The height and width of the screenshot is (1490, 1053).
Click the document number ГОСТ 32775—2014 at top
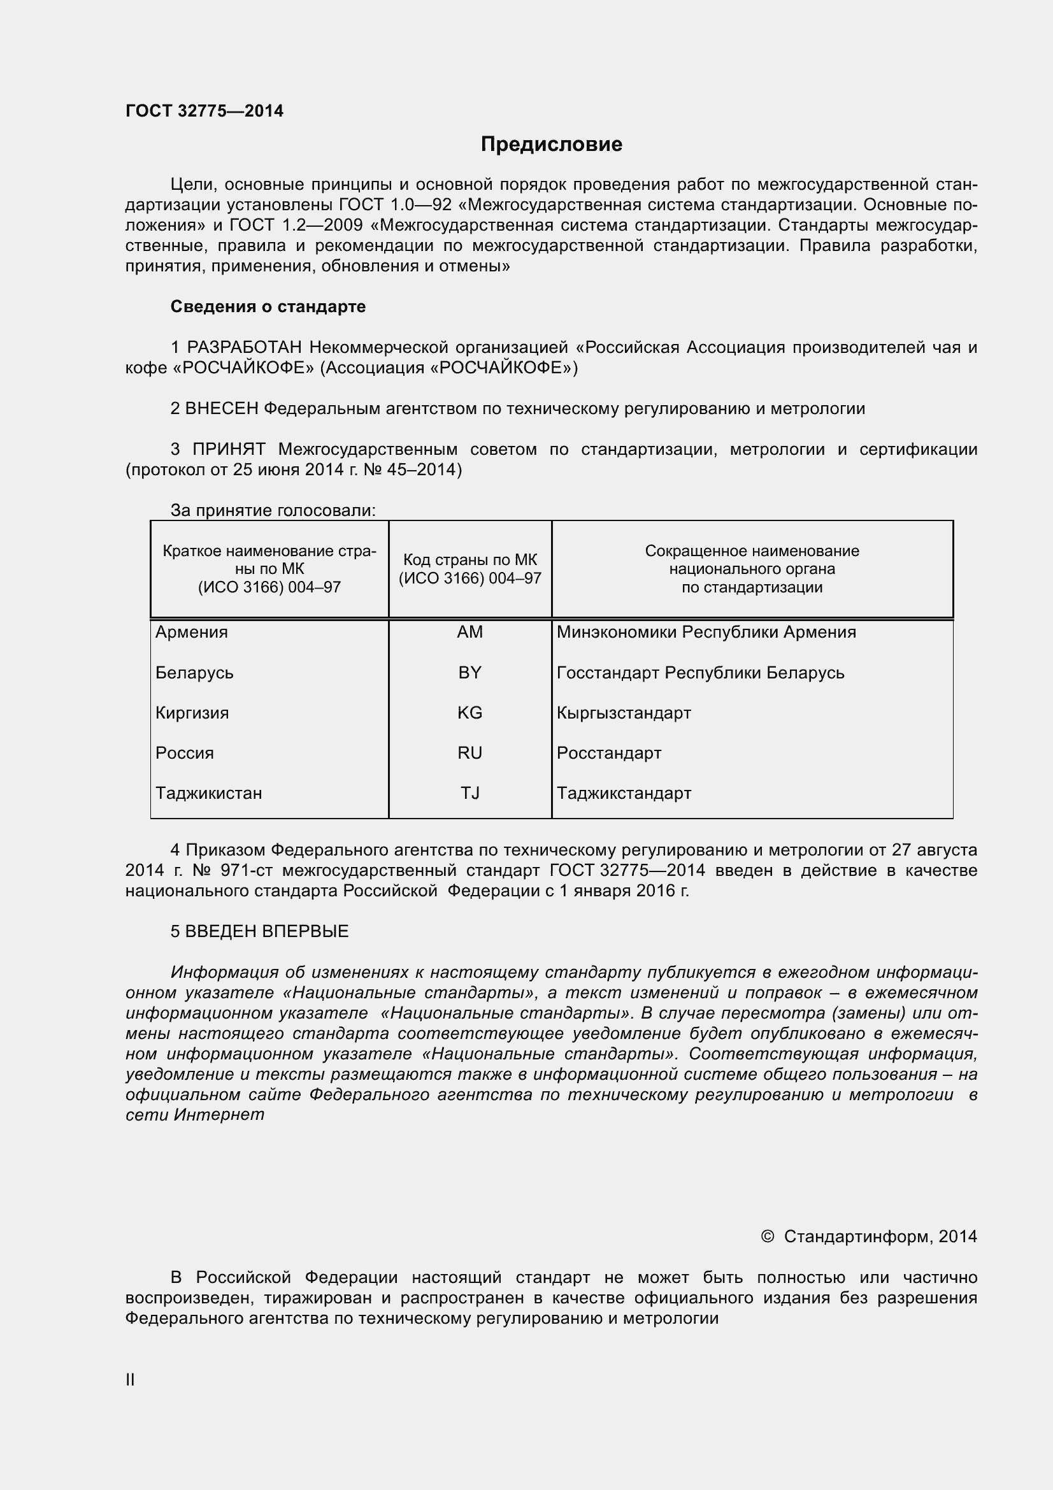(204, 111)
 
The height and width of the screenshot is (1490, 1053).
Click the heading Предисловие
(551, 144)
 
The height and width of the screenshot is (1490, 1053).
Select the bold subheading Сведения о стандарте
(268, 306)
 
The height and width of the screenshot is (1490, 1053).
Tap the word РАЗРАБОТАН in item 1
(245, 347)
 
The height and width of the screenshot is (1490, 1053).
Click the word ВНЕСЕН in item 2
(221, 408)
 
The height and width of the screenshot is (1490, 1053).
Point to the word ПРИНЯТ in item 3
(229, 449)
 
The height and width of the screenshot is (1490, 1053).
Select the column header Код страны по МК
(469, 560)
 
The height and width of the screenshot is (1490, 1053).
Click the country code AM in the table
(469, 631)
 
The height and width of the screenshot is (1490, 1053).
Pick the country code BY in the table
(469, 672)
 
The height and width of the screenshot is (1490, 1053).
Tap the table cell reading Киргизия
(192, 713)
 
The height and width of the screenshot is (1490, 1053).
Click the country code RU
(469, 753)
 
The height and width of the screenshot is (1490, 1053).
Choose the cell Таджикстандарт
(624, 793)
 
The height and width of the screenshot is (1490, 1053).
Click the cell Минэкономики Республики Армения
(706, 631)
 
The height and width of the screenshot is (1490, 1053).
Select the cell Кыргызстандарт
(624, 713)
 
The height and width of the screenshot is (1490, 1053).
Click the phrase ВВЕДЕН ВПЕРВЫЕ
(267, 931)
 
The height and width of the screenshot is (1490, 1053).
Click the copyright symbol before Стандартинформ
(767, 1236)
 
